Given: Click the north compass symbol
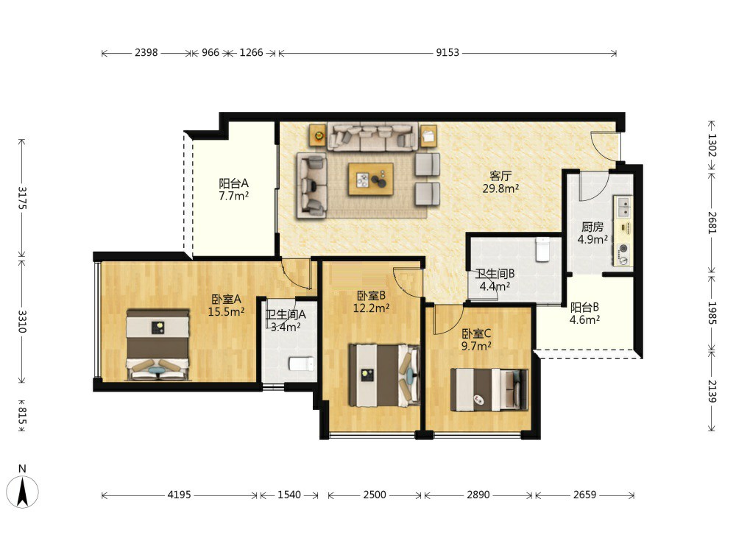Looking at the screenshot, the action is (22, 491).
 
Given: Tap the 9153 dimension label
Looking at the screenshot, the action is (447, 52).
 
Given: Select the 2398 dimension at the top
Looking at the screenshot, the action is (146, 52).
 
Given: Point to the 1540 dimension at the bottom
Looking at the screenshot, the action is (289, 495).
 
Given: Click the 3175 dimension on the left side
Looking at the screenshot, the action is (22, 197).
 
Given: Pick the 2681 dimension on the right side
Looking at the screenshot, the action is (712, 222).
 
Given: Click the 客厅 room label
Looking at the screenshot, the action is (500, 176).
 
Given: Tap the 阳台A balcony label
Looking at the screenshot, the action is (234, 183).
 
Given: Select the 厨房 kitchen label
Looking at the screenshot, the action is (592, 227).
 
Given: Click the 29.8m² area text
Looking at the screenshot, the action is (500, 188).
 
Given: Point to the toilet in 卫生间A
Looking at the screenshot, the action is (301, 364).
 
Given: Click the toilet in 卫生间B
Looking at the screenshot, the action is (542, 250).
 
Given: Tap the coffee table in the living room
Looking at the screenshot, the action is (371, 179).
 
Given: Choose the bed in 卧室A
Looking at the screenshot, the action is (158, 344).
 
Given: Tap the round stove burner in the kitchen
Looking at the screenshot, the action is (624, 249).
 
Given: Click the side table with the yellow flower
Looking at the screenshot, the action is (318, 135).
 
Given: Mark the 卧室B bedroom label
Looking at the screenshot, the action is (371, 296).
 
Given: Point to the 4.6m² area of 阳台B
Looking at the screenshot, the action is (584, 320).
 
